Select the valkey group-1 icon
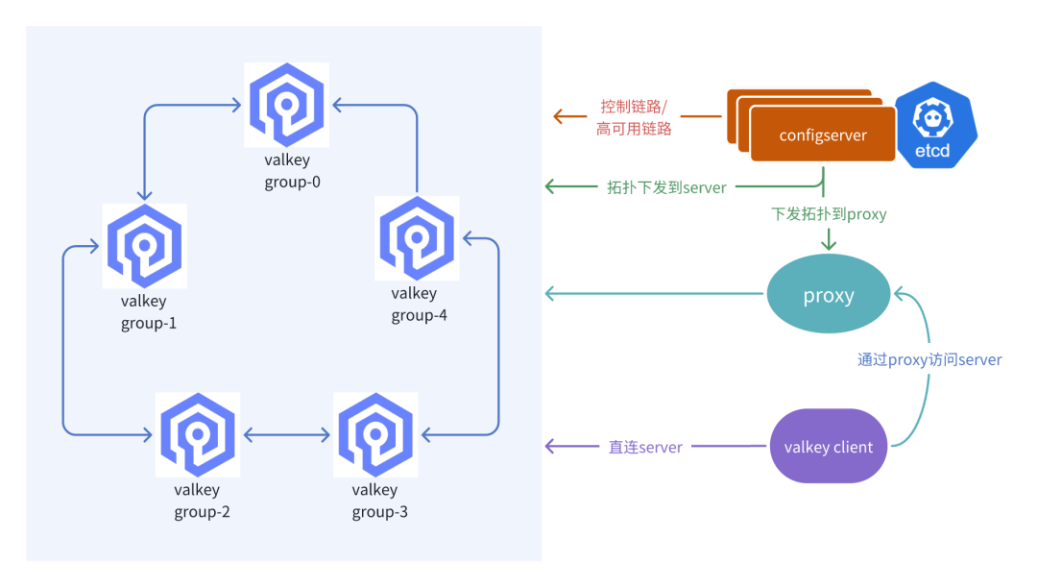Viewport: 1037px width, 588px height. pos(144,245)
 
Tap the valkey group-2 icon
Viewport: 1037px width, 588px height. pos(198,434)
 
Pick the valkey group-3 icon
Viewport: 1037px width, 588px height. pos(374,434)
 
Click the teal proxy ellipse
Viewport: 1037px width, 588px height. pos(828,295)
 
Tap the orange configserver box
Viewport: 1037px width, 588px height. pos(822,135)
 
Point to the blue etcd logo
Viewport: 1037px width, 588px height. pos(933,125)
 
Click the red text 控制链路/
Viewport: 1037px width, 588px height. pos(634,106)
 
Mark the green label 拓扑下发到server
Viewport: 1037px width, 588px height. pos(666,187)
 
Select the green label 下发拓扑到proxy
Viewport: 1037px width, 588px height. pos(829,214)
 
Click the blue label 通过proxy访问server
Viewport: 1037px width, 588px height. pos(929,360)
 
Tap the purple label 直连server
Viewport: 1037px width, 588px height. pos(645,447)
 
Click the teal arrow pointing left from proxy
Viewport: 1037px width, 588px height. pos(653,292)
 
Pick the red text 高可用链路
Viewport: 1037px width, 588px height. pos(634,128)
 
